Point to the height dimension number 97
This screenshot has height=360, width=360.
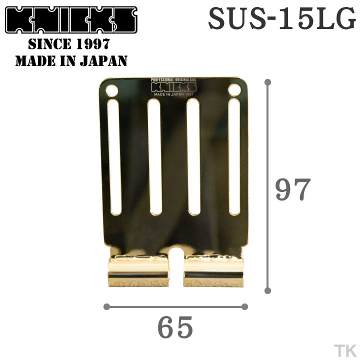(x=293, y=189)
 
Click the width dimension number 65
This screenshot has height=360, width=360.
(x=175, y=328)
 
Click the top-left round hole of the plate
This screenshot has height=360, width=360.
(x=111, y=91)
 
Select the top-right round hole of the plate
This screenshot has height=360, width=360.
(x=233, y=90)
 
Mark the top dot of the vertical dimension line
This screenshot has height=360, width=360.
(x=268, y=81)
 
